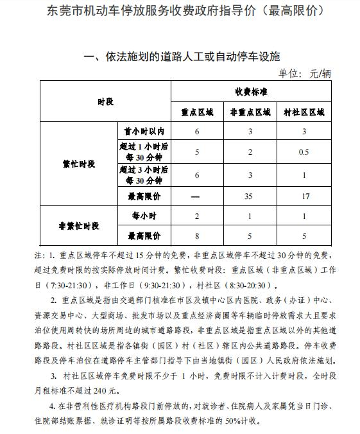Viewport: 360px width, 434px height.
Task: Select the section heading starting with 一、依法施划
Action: tap(182, 57)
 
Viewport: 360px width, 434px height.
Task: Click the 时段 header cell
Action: tap(105, 101)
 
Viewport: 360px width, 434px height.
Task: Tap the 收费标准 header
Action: tap(251, 92)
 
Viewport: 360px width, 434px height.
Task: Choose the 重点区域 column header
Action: tap(197, 111)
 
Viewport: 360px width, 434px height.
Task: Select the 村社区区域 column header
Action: tap(304, 111)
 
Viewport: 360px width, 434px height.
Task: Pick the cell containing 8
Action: tap(197, 235)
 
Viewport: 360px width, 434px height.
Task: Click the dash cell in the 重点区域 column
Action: tap(197, 196)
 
